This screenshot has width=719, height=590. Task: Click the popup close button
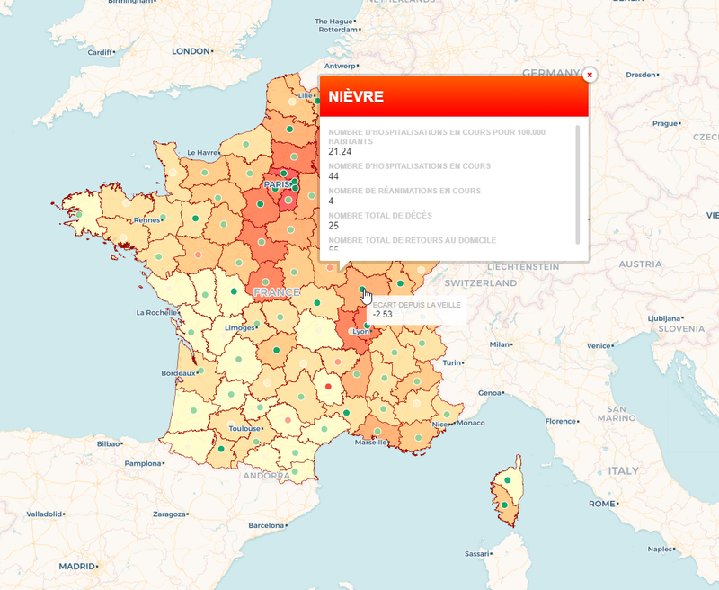[x=590, y=76]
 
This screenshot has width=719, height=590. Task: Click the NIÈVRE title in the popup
[x=356, y=96]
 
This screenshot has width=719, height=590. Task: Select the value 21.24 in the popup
[x=340, y=151]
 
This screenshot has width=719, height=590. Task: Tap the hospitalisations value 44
[x=333, y=176]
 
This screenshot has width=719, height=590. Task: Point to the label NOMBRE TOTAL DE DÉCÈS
[x=379, y=215]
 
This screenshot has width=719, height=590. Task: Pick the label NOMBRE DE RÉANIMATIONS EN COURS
[x=404, y=191]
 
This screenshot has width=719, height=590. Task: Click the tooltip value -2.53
[x=383, y=314]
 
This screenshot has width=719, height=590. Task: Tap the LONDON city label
[x=190, y=51]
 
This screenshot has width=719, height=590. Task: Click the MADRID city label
[x=76, y=567]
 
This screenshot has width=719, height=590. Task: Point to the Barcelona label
[x=265, y=525]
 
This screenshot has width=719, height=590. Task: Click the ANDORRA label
[x=266, y=475]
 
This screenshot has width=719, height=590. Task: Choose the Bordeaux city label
[x=178, y=372]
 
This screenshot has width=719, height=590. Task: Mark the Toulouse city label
[x=244, y=429]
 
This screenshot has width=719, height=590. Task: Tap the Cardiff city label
[x=100, y=52]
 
